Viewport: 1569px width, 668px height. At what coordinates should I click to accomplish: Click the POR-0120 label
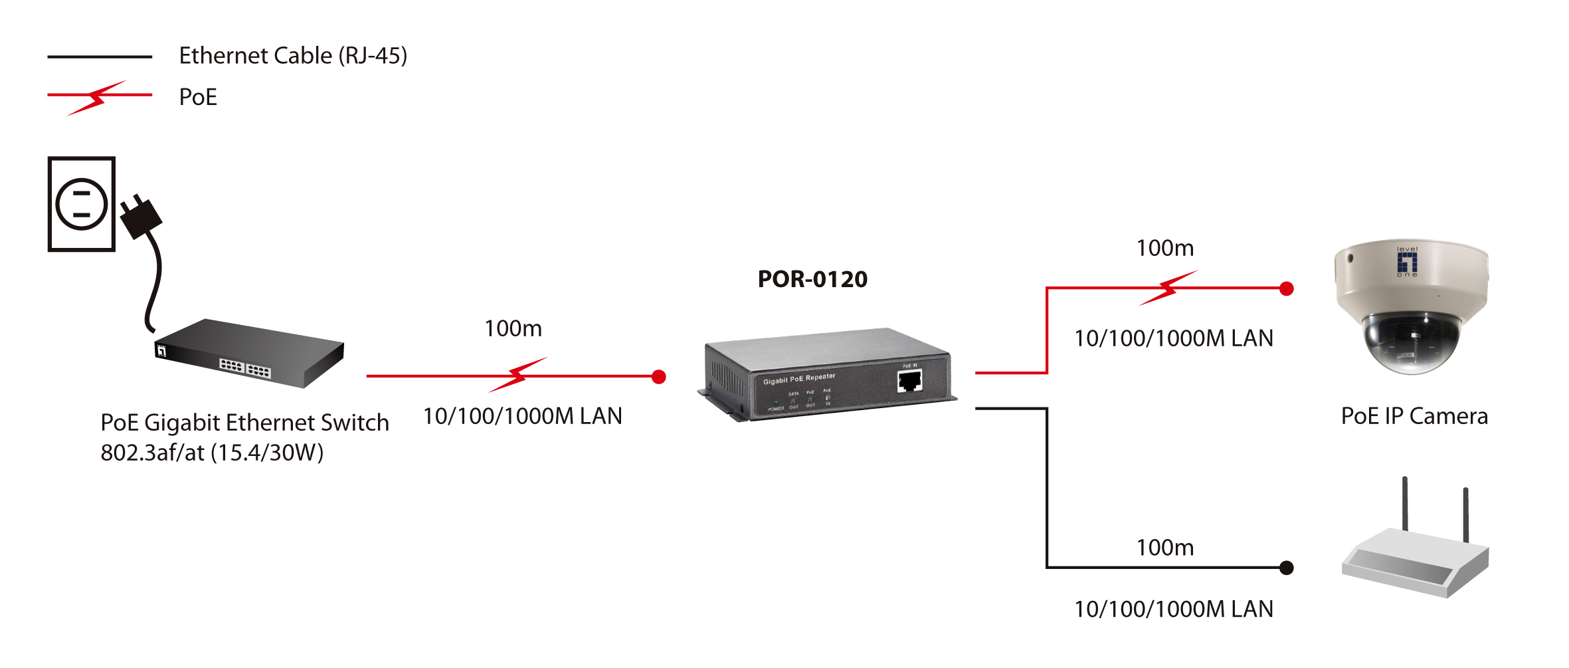(x=812, y=279)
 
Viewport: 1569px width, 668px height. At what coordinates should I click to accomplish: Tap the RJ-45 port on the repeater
(x=909, y=382)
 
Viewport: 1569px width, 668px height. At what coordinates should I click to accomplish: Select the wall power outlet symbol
(x=82, y=204)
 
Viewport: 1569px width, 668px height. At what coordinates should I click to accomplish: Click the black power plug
(x=141, y=217)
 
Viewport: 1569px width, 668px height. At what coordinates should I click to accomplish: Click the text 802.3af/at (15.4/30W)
(x=212, y=453)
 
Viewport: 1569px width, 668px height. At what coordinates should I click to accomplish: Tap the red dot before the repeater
(x=658, y=377)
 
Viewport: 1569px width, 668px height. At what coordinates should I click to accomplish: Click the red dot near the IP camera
(x=1286, y=288)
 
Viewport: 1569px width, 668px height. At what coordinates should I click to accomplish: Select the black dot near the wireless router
(x=1286, y=568)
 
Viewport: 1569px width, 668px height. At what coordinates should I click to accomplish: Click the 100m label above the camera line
(x=1164, y=248)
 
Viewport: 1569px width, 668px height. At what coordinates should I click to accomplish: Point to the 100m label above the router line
(x=1164, y=548)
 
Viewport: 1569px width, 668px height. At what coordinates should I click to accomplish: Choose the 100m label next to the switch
(x=513, y=328)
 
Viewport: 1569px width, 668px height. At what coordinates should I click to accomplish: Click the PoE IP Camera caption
(x=1414, y=416)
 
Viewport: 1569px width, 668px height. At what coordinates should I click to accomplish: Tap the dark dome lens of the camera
(x=1411, y=346)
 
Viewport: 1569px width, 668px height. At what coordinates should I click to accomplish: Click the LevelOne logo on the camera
(x=1407, y=262)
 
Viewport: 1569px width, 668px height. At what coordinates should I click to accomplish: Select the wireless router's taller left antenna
(x=1405, y=503)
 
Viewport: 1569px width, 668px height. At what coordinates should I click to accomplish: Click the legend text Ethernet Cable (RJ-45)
(x=293, y=56)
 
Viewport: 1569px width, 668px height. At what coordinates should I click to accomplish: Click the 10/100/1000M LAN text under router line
(x=1174, y=609)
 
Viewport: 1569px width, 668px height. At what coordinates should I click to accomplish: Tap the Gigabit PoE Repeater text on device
(x=799, y=379)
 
